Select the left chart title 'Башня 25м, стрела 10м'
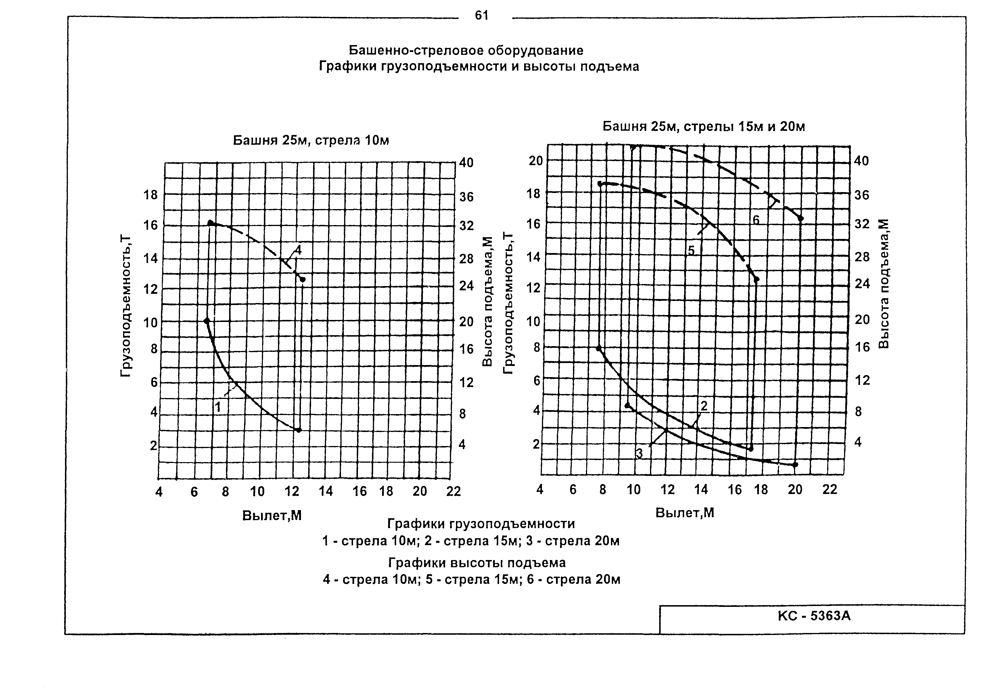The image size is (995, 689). pos(311,141)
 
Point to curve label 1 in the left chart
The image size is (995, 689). pos(218,407)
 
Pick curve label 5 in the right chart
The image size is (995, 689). pos(691,250)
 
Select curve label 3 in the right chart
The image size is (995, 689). pos(639,454)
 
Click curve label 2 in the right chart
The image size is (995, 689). pos(704,406)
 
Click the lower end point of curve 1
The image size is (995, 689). pos(298,430)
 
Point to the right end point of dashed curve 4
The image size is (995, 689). pos(302,280)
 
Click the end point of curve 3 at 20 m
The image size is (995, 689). pos(795,464)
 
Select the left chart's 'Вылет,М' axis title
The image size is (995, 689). pos(272,516)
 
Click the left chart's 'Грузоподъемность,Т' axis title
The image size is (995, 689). pos(125,306)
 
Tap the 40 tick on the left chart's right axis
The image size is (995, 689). pos(466,163)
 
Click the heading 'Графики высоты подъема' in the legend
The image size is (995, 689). pos(477,563)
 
